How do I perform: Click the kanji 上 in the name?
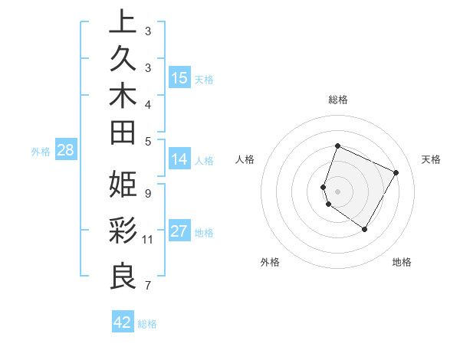point(123,22)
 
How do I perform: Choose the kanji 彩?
point(123,231)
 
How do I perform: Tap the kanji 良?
point(123,276)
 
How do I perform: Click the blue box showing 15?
point(179,77)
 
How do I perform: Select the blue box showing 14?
point(179,159)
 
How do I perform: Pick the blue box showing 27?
point(179,231)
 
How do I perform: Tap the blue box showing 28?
point(65,150)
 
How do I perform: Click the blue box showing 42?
point(123,322)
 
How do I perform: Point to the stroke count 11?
point(148,240)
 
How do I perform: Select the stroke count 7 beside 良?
point(147,286)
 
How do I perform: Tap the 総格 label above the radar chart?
point(338,100)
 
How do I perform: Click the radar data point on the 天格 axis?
point(396,173)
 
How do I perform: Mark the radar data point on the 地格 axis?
point(365,229)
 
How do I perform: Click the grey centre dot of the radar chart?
point(338,191)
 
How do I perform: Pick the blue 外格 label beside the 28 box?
point(41,152)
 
